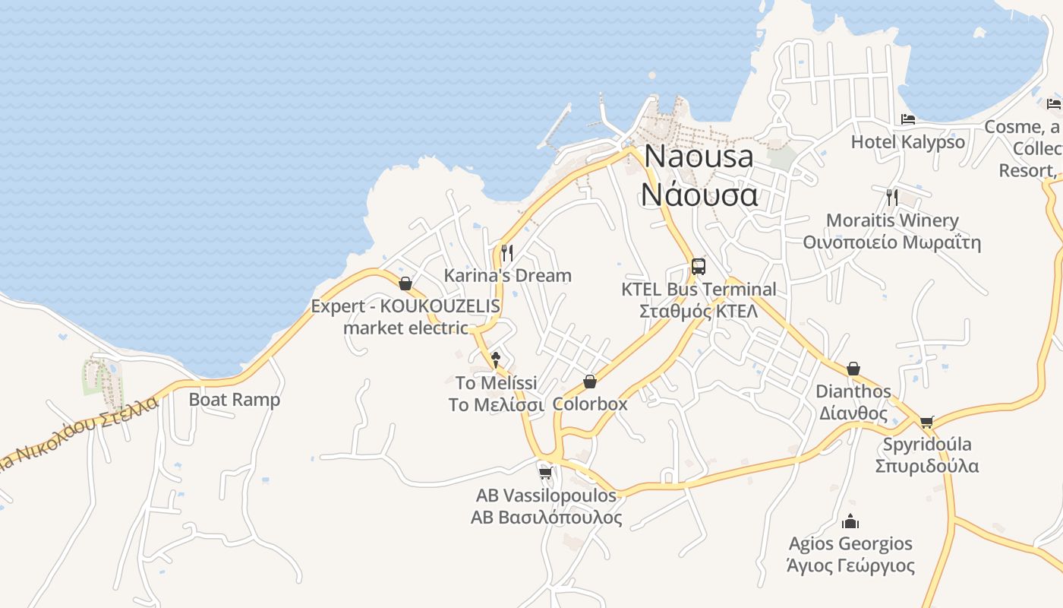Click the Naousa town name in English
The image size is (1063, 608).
pos(699,157)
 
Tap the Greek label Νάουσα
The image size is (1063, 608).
pos(699,195)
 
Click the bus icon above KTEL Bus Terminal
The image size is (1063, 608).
pos(699,267)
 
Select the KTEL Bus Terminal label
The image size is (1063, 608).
pos(699,290)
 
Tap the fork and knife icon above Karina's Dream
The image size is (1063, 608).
pos(507,252)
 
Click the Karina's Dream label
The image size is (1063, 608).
pos(507,275)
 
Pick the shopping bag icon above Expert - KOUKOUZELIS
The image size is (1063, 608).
pos(405,283)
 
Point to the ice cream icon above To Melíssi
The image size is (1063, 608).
pos(496,359)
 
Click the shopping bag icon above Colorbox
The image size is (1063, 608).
pos(590,381)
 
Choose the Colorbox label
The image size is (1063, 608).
pos(590,404)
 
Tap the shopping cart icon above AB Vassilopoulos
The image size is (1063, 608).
pos(545,473)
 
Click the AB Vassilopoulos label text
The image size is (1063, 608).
pos(546,496)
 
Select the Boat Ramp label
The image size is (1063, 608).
pos(234,400)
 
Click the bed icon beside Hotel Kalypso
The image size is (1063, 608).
pos(908,119)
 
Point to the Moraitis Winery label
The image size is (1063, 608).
pos(892,220)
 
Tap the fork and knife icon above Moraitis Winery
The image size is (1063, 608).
pos(892,198)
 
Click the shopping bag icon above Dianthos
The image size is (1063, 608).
pos(853,369)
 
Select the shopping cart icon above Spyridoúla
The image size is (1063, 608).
pos(926,422)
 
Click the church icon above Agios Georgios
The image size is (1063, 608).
pos(850,521)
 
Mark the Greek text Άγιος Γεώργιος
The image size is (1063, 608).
pos(850,566)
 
